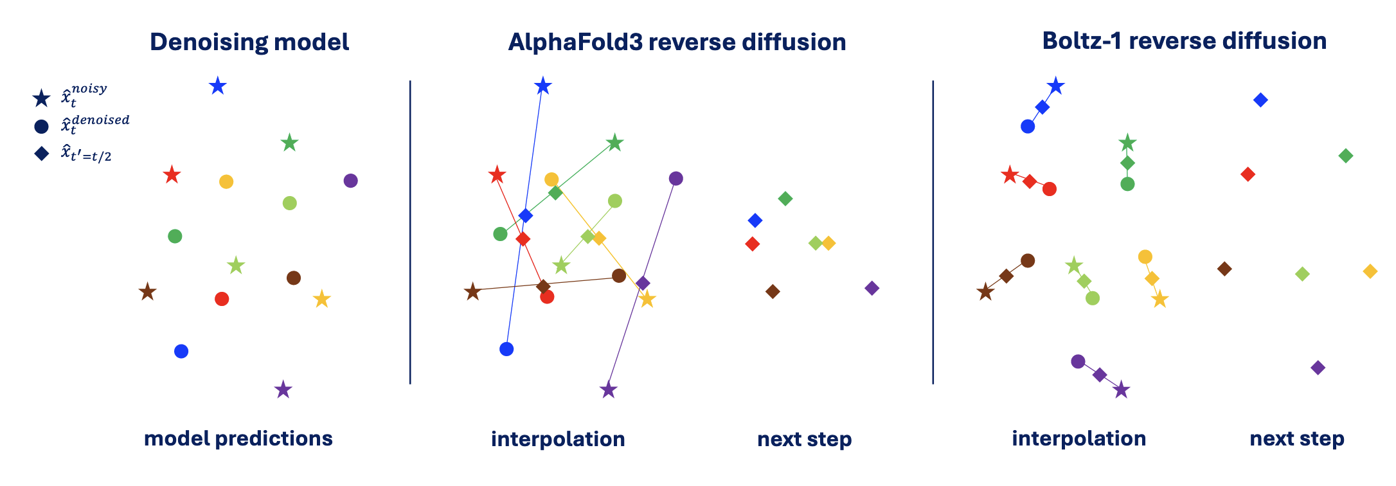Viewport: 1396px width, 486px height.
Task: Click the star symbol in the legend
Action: [x=41, y=98]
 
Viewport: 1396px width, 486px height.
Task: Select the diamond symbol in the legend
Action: [x=41, y=154]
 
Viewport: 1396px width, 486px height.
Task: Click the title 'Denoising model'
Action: [x=249, y=42]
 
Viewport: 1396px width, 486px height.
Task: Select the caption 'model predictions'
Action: [x=238, y=438]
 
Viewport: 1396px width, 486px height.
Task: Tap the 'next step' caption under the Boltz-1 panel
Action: [x=1296, y=438]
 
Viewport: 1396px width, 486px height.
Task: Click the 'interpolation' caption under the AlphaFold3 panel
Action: [x=557, y=439]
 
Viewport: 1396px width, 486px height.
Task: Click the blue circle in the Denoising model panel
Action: [x=181, y=351]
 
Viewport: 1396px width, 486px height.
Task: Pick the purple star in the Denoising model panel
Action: [x=283, y=390]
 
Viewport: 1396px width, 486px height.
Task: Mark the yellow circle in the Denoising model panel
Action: [x=226, y=182]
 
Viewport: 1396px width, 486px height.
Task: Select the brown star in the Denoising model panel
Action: [x=147, y=292]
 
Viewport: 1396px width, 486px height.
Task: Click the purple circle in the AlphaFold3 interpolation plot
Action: [x=675, y=178]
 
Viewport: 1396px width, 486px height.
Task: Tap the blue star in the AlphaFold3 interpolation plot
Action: [x=543, y=85]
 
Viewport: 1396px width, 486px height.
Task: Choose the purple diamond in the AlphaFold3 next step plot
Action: [x=872, y=288]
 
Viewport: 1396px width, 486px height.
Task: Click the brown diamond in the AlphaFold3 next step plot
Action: [x=773, y=291]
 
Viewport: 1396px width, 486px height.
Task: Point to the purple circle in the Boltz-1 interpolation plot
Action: [x=1078, y=361]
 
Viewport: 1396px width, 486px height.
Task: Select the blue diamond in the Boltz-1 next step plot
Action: [x=1260, y=100]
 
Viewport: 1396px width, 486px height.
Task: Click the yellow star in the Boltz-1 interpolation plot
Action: [x=1159, y=299]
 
